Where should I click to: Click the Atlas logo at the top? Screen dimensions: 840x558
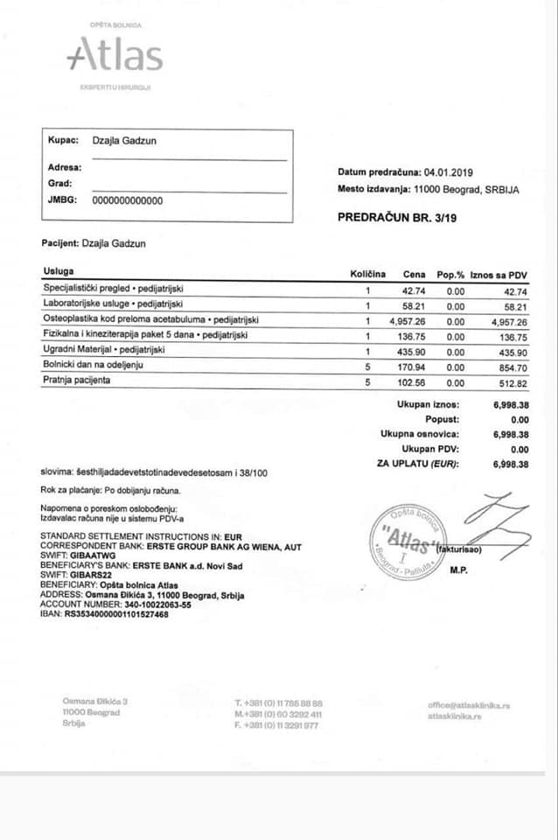click(x=115, y=54)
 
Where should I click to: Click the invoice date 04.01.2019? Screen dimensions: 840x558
click(x=448, y=172)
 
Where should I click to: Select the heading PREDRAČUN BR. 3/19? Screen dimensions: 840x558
click(x=397, y=216)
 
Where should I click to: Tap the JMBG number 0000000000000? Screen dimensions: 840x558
click(x=128, y=200)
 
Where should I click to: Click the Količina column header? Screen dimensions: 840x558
click(x=368, y=274)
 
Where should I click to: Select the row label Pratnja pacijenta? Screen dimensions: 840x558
click(x=79, y=381)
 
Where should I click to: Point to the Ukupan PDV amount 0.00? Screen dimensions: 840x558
click(x=518, y=449)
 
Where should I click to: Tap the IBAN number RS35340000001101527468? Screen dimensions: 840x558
click(x=116, y=614)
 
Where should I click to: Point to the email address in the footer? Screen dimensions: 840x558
click(x=469, y=704)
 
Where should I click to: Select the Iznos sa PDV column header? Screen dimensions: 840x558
click(x=499, y=274)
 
